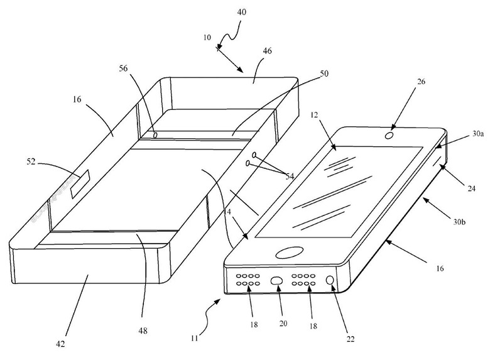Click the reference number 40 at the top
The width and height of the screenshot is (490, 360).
(x=242, y=12)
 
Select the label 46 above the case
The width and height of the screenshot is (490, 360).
(x=267, y=51)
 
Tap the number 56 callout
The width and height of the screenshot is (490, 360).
(x=123, y=68)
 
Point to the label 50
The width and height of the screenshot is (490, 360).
(x=324, y=74)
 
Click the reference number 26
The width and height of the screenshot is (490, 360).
(x=422, y=82)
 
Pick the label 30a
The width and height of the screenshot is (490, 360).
(x=478, y=134)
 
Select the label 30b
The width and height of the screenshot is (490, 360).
(x=459, y=222)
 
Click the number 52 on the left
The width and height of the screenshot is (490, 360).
(x=31, y=162)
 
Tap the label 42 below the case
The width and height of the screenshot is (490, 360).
(x=60, y=344)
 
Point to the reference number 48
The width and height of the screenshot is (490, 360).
(x=143, y=330)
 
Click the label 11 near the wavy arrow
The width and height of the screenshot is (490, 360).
(x=194, y=338)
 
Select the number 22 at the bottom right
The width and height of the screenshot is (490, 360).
(x=351, y=339)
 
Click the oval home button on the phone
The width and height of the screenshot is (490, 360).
(x=290, y=253)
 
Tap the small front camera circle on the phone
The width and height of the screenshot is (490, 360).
(x=389, y=136)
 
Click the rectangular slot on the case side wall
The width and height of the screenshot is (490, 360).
(x=80, y=183)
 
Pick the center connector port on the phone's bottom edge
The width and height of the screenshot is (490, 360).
(x=276, y=280)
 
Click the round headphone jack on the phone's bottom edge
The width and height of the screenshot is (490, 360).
(x=330, y=280)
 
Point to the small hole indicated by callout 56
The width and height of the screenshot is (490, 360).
(x=155, y=135)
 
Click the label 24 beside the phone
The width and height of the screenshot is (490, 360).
(x=472, y=188)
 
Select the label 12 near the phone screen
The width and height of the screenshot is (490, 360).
(x=314, y=115)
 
